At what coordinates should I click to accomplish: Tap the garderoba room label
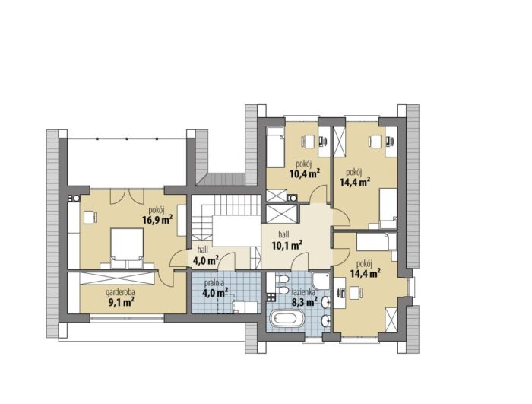(120, 291)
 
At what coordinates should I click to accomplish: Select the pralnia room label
(214, 282)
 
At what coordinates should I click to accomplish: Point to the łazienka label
(304, 291)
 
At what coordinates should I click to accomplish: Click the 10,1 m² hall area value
(287, 245)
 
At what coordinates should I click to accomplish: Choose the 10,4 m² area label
(305, 174)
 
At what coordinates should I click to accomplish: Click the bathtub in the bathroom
(287, 320)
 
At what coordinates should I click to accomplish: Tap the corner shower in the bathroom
(321, 281)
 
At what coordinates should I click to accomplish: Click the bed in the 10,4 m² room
(275, 148)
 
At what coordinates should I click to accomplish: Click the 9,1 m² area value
(120, 302)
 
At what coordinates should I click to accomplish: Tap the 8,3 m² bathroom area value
(304, 301)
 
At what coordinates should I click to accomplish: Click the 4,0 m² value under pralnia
(215, 292)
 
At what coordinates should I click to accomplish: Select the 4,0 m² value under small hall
(205, 260)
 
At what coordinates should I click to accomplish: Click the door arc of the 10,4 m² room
(319, 193)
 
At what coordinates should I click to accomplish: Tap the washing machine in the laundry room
(245, 307)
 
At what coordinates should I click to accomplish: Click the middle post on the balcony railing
(127, 138)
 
